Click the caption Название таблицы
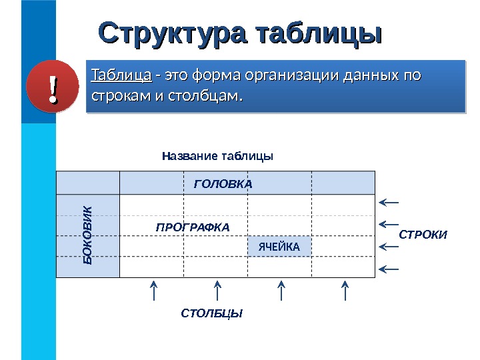218,156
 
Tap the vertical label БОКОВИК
88,236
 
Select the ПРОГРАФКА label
192,227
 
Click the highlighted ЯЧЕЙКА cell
279,247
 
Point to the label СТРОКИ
423,235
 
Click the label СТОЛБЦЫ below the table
212,313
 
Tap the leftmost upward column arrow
154,291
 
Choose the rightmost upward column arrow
345,291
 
